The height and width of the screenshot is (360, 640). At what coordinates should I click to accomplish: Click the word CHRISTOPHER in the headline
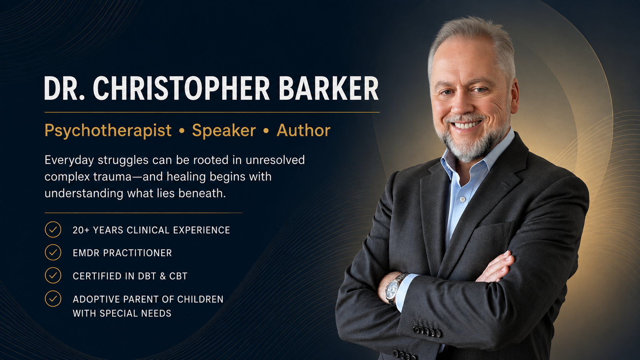[x=181, y=88]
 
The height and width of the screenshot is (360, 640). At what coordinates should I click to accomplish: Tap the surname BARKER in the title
[x=328, y=88]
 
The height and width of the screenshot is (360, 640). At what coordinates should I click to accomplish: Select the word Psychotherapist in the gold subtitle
[x=108, y=131]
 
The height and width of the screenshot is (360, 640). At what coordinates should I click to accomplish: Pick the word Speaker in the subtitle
[x=224, y=130]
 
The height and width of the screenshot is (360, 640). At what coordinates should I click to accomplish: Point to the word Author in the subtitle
[x=304, y=130]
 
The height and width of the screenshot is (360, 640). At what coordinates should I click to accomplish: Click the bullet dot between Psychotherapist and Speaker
[x=182, y=131]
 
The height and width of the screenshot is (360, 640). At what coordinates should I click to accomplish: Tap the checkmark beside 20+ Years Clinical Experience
[x=53, y=230]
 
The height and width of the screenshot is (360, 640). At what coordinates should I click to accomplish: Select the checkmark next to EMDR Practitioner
[x=53, y=252]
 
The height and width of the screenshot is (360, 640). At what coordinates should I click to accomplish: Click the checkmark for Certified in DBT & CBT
[x=53, y=275]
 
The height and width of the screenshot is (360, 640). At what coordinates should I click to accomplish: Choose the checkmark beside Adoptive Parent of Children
[x=53, y=299]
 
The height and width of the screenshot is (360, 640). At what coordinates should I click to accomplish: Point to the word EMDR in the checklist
[x=86, y=253]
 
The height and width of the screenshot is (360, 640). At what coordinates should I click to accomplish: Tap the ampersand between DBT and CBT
[x=163, y=276]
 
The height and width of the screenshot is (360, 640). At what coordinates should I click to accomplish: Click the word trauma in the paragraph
[x=112, y=177]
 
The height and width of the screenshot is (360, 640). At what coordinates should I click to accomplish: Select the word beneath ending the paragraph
[x=202, y=193]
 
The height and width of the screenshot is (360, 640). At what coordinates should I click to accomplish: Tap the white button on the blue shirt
[x=462, y=199]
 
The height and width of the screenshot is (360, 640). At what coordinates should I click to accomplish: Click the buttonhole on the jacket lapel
[x=505, y=184]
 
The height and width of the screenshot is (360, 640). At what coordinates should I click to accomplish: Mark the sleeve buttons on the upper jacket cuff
[x=427, y=331]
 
